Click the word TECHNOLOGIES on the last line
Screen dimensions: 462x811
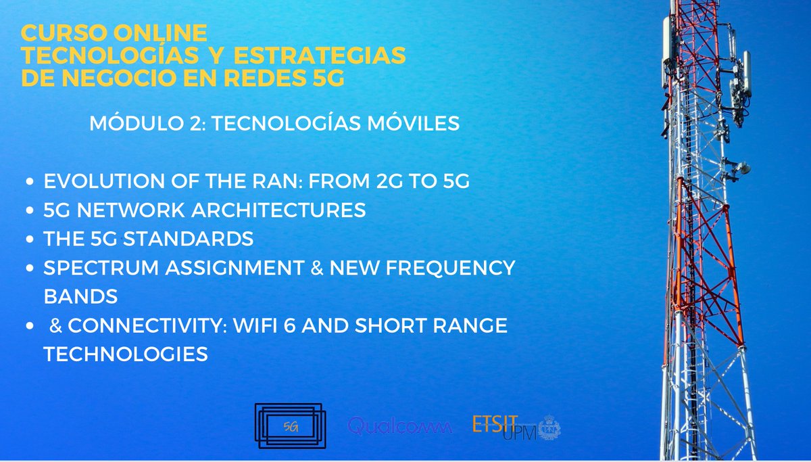click(x=126, y=354)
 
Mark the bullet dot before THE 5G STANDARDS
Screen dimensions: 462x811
click(x=29, y=240)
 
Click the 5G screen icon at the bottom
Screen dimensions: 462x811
click(x=290, y=426)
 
